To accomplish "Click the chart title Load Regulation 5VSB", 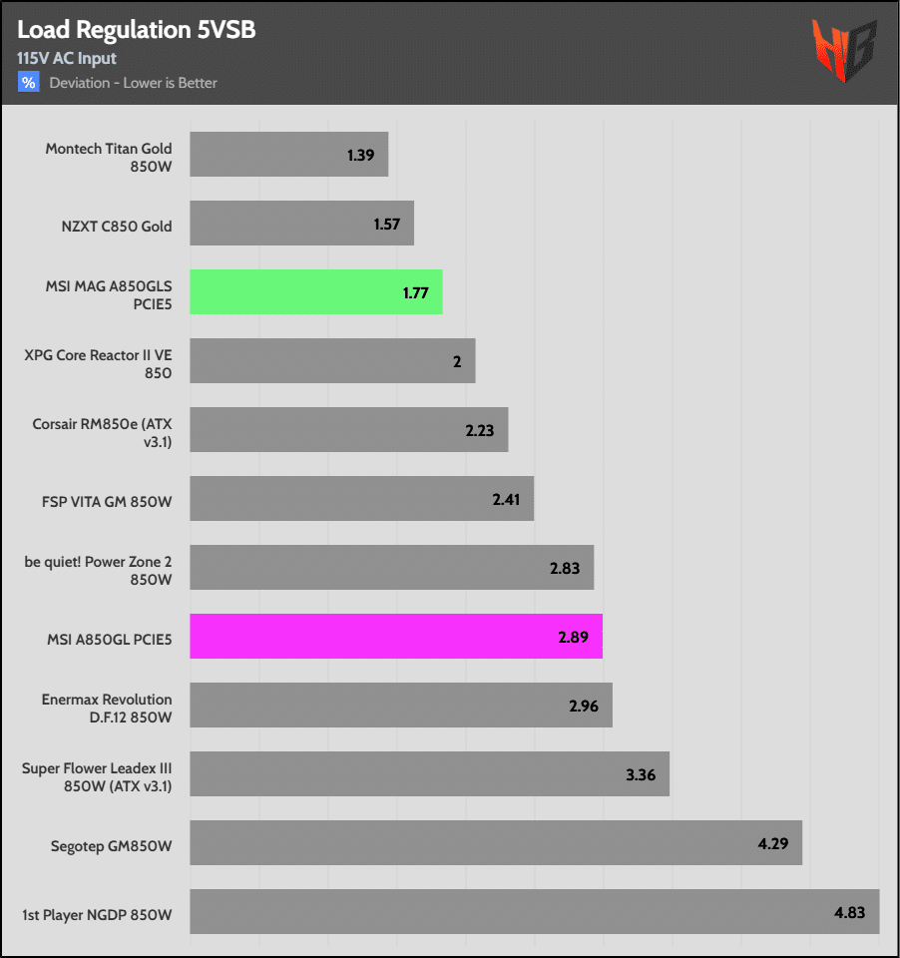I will click(136, 30).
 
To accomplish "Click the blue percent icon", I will click(28, 83).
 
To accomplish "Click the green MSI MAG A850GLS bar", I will click(315, 292).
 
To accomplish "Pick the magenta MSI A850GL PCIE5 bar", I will click(395, 636).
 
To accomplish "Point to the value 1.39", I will click(360, 156).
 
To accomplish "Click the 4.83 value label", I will click(851, 912).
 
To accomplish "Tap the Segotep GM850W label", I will click(111, 846).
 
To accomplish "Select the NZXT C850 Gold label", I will click(116, 227).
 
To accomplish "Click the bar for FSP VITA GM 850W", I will click(361, 498).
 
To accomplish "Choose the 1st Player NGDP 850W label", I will click(97, 914).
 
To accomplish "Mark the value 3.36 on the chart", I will click(641, 774).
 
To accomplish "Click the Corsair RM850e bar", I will click(348, 430).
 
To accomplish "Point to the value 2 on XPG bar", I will click(457, 361).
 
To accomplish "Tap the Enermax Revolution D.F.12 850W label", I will click(107, 708).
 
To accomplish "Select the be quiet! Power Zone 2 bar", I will click(391, 567).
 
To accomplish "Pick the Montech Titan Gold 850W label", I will click(108, 158).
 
